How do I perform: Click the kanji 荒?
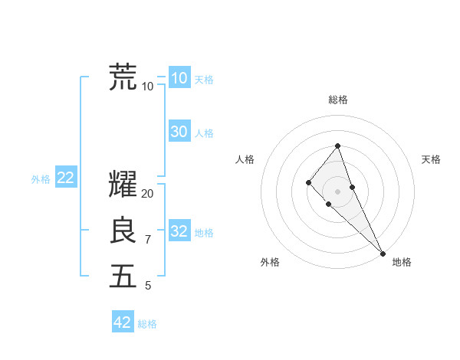pos(123,77)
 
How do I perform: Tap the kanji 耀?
pos(123,185)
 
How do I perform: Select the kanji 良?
pos(123,231)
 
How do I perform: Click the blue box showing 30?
pos(179,132)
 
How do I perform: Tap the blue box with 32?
pos(179,231)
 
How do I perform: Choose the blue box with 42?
pos(123,322)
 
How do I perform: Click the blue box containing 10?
pos(179,78)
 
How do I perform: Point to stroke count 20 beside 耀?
pos(148,194)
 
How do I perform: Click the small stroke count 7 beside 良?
pos(148,240)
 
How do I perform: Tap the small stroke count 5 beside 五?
pos(148,286)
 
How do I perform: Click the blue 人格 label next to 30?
pos(204,133)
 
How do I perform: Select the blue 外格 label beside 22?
pos(41,179)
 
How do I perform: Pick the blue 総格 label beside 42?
pos(147,324)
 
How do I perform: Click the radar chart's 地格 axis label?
pos(402,262)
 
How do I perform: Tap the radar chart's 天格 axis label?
pos(431,159)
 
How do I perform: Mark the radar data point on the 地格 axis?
pos(383,253)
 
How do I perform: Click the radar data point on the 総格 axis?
pos(337,146)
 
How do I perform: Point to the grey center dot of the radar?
pos(337,191)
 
